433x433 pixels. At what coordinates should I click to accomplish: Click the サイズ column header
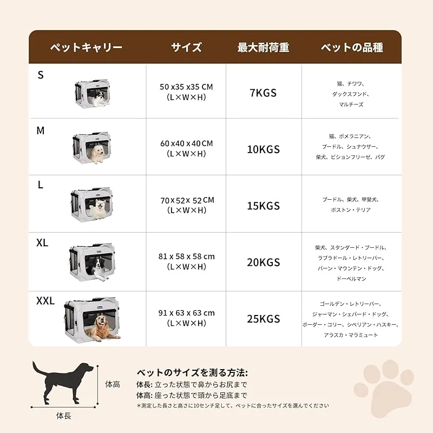pyautogui.click(x=186, y=47)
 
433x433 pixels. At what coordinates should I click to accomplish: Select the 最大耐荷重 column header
pyautogui.click(x=263, y=47)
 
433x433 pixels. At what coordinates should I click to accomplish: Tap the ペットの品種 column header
pyautogui.click(x=352, y=47)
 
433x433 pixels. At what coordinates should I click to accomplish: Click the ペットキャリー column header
pyautogui.click(x=86, y=47)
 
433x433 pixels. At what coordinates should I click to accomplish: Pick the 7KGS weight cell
pyautogui.click(x=263, y=93)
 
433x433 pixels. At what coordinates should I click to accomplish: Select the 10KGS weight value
pyautogui.click(x=263, y=149)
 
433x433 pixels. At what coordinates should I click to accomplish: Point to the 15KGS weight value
pyautogui.click(x=263, y=206)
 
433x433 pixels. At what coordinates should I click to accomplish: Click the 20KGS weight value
pyautogui.click(x=263, y=263)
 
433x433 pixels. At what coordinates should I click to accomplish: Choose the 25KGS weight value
pyautogui.click(x=263, y=319)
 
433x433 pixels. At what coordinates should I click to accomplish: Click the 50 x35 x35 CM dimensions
pyautogui.click(x=186, y=87)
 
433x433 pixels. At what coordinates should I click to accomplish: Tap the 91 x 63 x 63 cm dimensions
pyautogui.click(x=186, y=313)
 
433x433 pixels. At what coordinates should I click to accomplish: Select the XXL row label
pyautogui.click(x=45, y=301)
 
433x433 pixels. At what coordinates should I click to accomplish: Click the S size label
pyautogui.click(x=41, y=75)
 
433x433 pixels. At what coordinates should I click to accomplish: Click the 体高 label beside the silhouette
pyautogui.click(x=113, y=384)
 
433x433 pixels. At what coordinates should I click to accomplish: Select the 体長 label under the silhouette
pyautogui.click(x=64, y=416)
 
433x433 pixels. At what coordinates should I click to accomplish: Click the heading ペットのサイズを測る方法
pyautogui.click(x=192, y=373)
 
